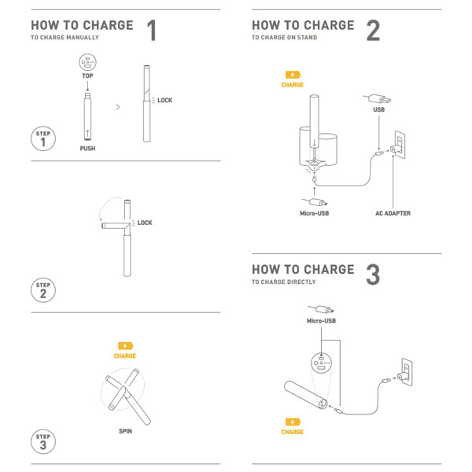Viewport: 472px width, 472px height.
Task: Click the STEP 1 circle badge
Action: (x=43, y=138)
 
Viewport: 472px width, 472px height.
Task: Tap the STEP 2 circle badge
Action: (x=43, y=289)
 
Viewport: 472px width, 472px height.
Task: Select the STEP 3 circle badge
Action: (x=43, y=441)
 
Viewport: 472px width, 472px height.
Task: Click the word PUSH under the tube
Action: (x=87, y=149)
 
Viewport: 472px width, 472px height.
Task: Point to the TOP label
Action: (x=87, y=76)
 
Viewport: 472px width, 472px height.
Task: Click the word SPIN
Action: (x=125, y=431)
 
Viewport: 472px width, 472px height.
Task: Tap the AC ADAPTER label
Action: (x=393, y=213)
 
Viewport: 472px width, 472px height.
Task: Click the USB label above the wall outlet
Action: (x=378, y=109)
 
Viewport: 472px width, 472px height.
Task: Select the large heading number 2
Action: (x=373, y=31)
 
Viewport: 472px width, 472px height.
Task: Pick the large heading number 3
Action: (x=373, y=275)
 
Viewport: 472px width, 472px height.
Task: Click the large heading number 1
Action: (x=152, y=31)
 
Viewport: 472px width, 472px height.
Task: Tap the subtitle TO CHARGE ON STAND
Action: (x=285, y=38)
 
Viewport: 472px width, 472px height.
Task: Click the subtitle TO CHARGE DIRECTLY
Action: (x=284, y=282)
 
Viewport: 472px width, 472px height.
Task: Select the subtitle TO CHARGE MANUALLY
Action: (x=65, y=38)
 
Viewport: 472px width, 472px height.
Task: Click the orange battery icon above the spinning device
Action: (x=126, y=346)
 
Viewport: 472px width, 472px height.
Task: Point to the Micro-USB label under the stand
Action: (x=314, y=213)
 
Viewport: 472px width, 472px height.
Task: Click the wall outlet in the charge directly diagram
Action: (x=407, y=372)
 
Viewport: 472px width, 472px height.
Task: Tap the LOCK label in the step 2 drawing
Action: (x=145, y=223)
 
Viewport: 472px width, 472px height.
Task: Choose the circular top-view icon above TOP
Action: (x=87, y=62)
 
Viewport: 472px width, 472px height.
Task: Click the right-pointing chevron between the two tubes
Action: (x=118, y=107)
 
